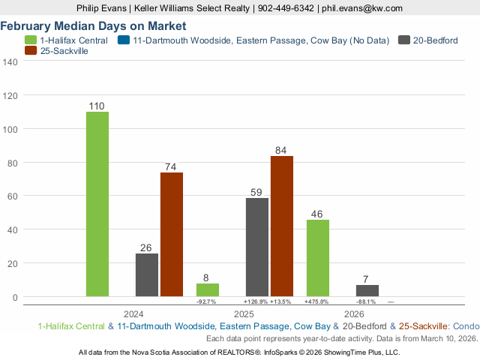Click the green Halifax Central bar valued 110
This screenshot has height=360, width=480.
point(97,204)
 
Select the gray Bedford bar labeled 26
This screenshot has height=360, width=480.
point(147,274)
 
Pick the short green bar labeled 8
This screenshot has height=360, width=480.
point(207,289)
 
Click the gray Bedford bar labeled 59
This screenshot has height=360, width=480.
point(257,247)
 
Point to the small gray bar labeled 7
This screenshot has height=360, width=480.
point(367,290)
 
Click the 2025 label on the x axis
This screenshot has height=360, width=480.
point(244,313)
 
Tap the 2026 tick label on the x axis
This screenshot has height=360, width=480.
point(354,313)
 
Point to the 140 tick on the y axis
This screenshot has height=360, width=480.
point(10,62)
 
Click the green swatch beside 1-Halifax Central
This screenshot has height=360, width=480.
point(31,40)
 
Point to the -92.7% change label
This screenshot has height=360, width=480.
point(206,301)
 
